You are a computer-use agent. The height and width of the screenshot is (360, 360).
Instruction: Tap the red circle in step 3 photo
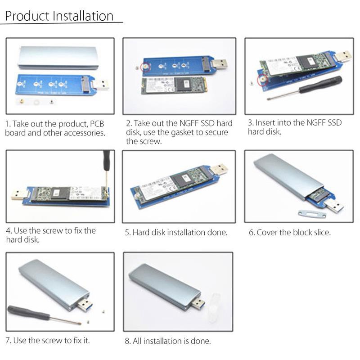click(x=261, y=79)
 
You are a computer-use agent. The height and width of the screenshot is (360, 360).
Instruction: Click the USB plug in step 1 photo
click(x=101, y=83)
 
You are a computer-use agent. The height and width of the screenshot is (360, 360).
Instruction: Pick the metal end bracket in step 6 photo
click(x=312, y=213)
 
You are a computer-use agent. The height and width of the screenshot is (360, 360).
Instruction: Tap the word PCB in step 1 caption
click(x=97, y=124)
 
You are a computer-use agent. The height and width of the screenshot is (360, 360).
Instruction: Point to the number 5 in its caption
click(x=127, y=233)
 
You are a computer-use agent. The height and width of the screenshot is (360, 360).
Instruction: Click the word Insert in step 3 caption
click(x=268, y=123)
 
